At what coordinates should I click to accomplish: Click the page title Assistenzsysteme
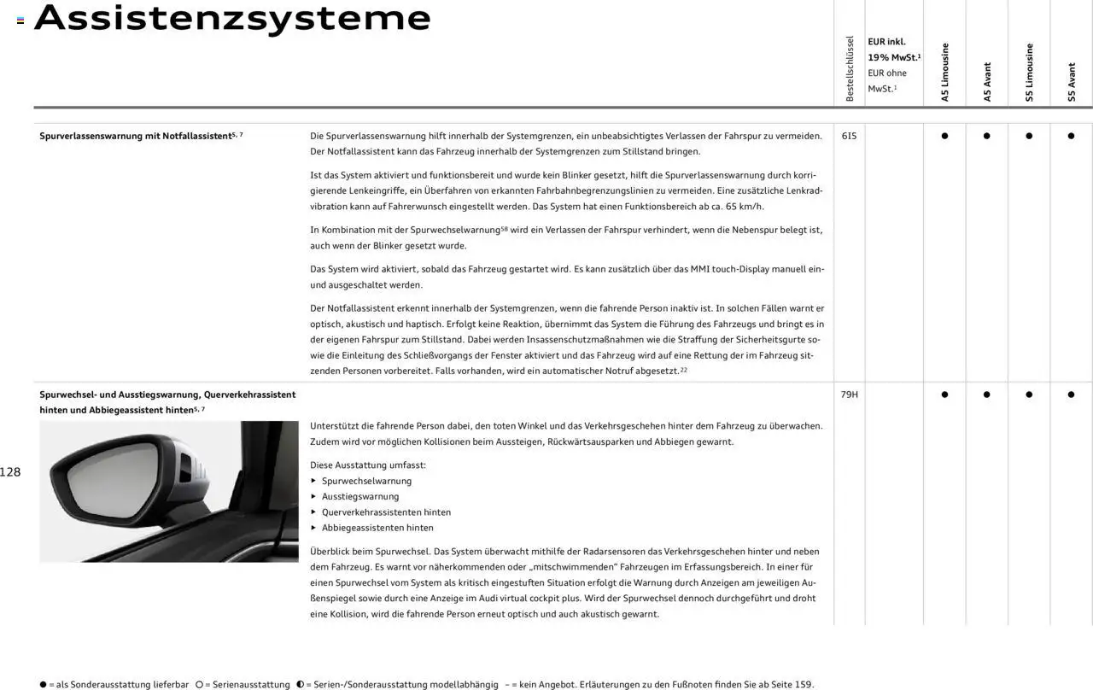[232, 18]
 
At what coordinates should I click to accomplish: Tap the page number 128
[10, 472]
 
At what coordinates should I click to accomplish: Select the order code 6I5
[849, 136]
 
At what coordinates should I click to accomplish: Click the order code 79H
[849, 395]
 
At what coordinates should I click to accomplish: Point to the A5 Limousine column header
[944, 73]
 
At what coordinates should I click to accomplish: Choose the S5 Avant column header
[1072, 82]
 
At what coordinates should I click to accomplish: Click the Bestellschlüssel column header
[849, 69]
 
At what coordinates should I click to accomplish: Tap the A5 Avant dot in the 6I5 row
[986, 136]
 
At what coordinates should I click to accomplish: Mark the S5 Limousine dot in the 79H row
[1029, 395]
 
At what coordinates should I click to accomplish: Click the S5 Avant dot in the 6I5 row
[1071, 136]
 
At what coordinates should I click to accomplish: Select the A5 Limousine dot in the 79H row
[944, 395]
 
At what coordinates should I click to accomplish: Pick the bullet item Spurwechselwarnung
[366, 481]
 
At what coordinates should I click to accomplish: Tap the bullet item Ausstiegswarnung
[359, 496]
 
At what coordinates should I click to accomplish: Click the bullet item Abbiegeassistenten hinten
[377, 528]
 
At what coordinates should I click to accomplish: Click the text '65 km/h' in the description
[744, 206]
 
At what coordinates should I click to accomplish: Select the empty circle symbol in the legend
[199, 685]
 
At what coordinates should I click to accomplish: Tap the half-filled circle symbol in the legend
[301, 685]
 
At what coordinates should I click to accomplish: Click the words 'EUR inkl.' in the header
[886, 42]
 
